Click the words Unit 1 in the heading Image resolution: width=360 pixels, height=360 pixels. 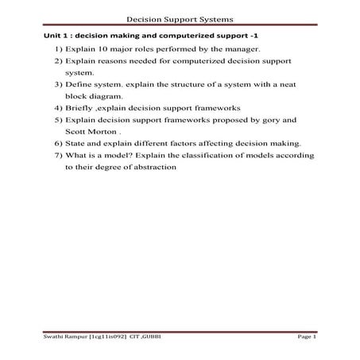[x=56, y=37]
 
